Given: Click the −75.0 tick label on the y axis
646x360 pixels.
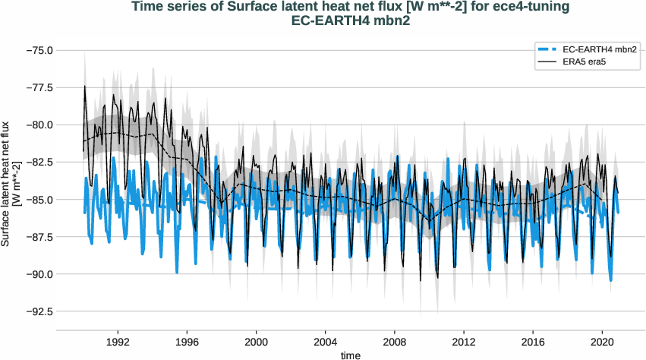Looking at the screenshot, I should (38, 50).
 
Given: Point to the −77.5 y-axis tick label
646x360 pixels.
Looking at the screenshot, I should (38, 87).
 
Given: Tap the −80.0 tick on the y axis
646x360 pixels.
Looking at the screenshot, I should (38, 125).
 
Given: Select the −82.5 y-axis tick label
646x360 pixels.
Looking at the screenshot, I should (38, 162).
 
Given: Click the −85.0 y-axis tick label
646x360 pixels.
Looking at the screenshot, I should (38, 200).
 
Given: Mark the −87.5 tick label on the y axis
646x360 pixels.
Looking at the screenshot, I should (38, 237).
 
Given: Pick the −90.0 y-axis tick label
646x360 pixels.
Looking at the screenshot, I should (38, 274).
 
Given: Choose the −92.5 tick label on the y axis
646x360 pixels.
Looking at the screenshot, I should (38, 311).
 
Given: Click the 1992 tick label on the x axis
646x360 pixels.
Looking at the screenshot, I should (118, 342).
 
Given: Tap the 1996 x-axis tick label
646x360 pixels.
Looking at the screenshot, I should (187, 342).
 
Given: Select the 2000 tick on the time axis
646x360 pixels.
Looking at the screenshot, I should (257, 342).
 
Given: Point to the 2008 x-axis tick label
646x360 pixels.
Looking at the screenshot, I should (395, 342).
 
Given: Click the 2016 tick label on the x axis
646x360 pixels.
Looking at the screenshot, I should (534, 342).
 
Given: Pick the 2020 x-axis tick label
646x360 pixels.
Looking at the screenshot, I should (603, 342).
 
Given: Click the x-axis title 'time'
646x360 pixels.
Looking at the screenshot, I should (351, 355).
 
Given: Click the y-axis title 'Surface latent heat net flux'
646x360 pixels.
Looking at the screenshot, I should (7, 183).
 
